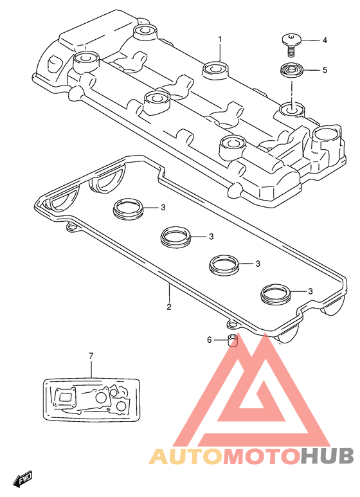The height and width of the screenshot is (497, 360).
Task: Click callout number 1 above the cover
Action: click(220, 39)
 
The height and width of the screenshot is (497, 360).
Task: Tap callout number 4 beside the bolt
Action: click(325, 41)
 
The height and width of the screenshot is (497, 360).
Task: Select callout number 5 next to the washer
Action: click(325, 69)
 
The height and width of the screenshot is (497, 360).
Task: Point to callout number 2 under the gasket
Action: click(169, 307)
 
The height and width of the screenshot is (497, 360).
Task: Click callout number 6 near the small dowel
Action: click(209, 339)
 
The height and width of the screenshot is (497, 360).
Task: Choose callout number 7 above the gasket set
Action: click(91, 356)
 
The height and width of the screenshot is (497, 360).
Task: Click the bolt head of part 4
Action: click(291, 40)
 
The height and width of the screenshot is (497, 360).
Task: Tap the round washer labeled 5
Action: click(292, 70)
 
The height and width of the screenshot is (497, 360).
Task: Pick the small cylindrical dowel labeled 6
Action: click(233, 340)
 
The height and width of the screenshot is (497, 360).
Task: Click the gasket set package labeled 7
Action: click(91, 399)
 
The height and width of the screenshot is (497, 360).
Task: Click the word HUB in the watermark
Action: click(327, 456)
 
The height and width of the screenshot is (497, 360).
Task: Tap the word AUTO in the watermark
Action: click(186, 456)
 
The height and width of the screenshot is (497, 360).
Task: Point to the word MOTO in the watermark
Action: click(262, 456)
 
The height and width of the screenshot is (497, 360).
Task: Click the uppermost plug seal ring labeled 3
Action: click(129, 209)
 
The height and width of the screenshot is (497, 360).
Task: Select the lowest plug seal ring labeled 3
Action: click(276, 294)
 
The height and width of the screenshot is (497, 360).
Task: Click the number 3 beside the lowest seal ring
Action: click(310, 291)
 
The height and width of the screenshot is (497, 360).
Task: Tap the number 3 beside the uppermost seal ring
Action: click(163, 207)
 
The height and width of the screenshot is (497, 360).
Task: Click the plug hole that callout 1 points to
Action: click(215, 69)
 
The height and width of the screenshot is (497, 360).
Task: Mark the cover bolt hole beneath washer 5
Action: click(292, 110)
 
